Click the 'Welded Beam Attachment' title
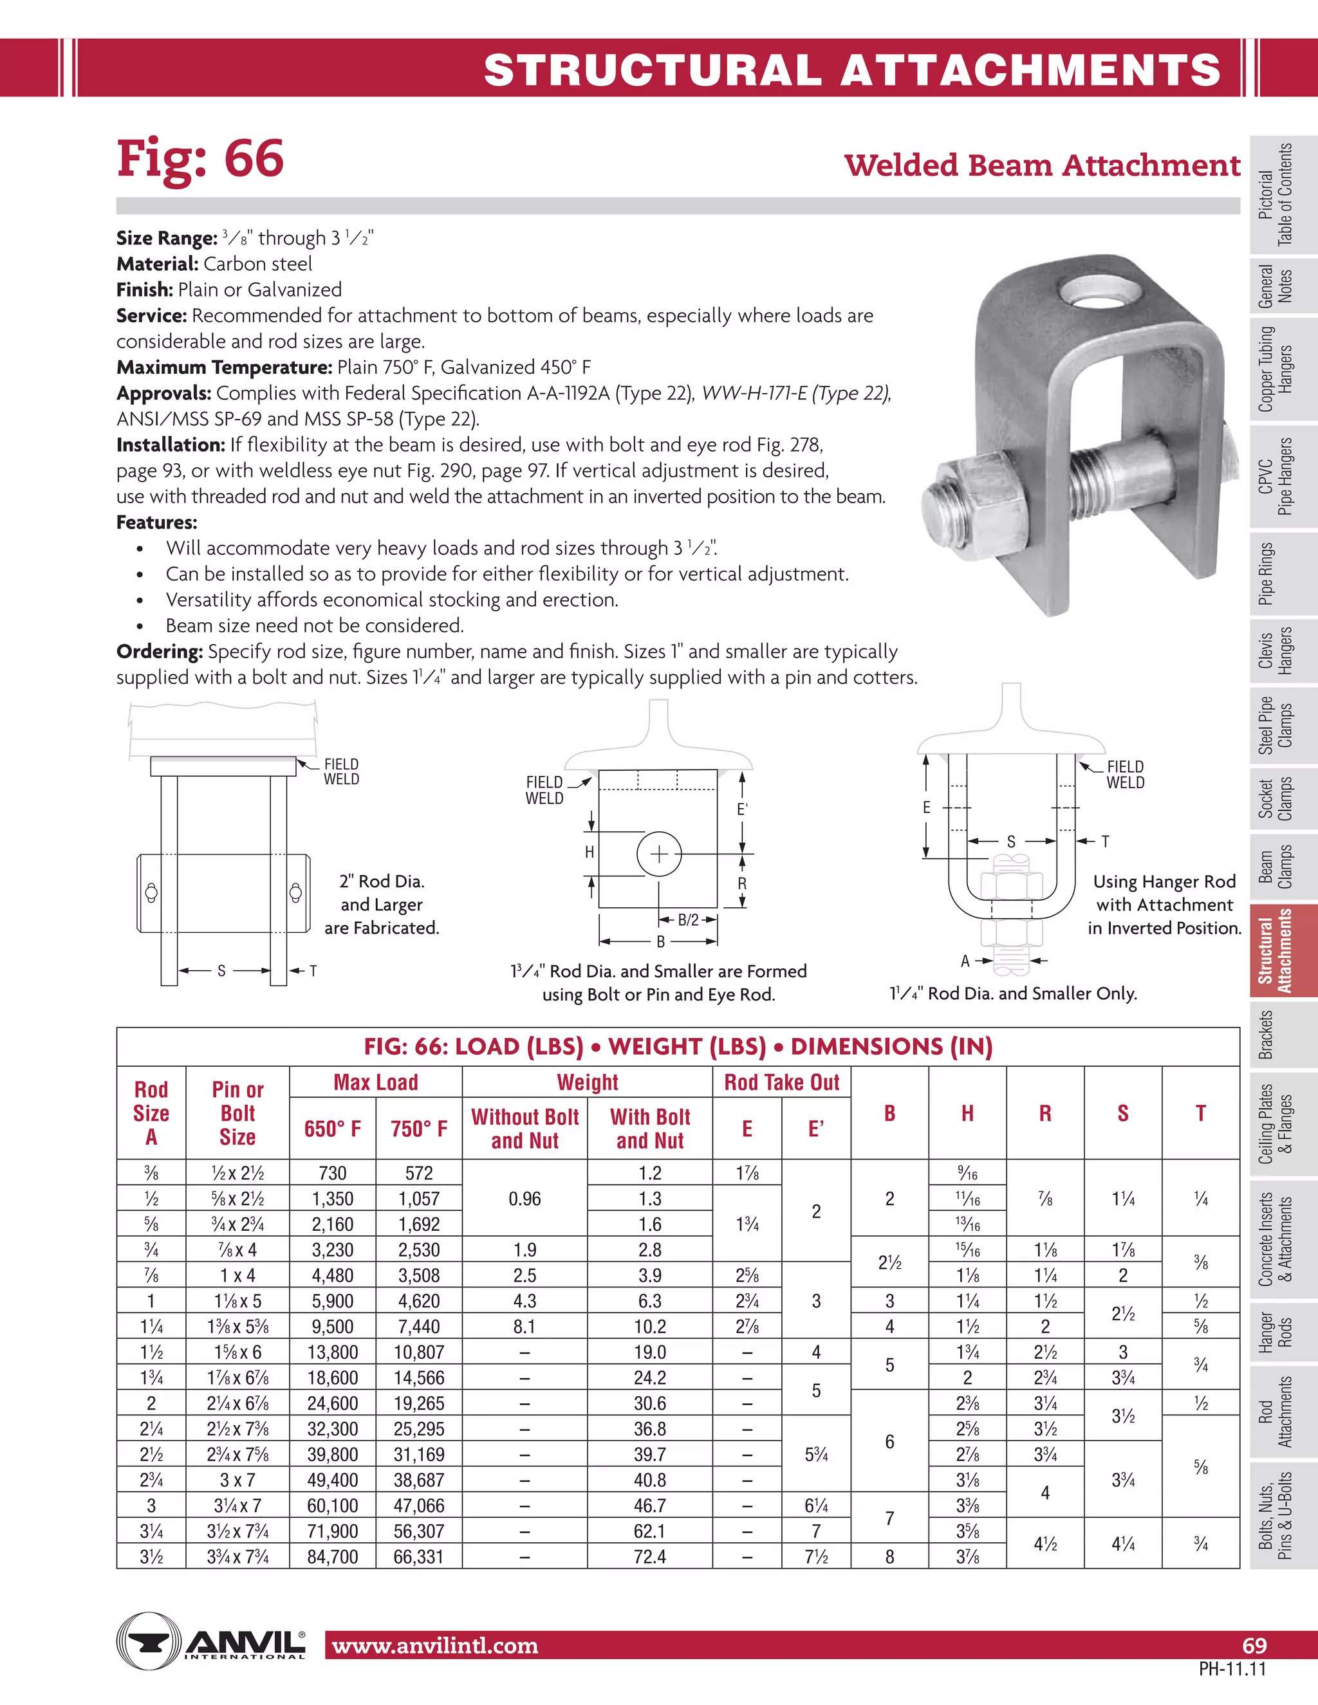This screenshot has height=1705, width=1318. (1042, 165)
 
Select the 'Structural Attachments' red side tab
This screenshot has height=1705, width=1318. (1275, 951)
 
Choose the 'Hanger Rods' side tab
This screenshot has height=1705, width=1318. (1275, 1332)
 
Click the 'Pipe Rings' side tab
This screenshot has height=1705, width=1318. (1275, 574)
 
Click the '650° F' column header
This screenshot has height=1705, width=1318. (333, 1129)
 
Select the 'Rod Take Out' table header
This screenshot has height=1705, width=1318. (781, 1083)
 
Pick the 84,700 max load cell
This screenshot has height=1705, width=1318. (333, 1556)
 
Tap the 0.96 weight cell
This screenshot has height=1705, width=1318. (524, 1199)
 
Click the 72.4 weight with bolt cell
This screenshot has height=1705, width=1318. (649, 1556)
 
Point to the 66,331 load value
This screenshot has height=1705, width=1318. (420, 1556)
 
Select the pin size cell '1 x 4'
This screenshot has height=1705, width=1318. (237, 1276)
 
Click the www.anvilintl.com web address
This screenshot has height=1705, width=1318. (435, 1646)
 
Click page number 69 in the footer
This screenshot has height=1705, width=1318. (1254, 1646)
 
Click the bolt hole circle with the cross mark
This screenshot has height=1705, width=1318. (659, 854)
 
